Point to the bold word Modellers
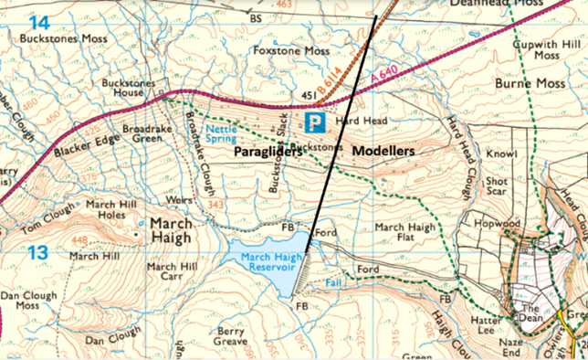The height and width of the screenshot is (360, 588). (383, 150)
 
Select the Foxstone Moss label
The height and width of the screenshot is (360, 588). (291, 50)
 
